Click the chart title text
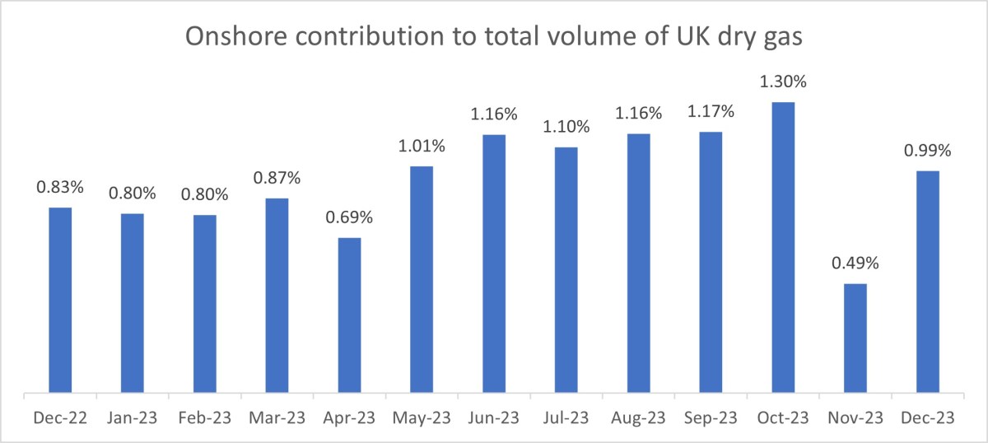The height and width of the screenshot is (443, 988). click(x=493, y=37)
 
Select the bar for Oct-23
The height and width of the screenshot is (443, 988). click(x=783, y=247)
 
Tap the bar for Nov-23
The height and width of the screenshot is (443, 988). click(x=855, y=338)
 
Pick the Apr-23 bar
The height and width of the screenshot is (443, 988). click(x=349, y=315)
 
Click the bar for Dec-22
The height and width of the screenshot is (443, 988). click(x=60, y=300)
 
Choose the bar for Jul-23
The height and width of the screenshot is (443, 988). click(x=566, y=269)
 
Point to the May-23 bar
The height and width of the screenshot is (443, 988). click(x=422, y=279)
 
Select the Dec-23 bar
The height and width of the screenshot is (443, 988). click(x=928, y=281)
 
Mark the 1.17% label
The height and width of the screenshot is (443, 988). click(x=711, y=111)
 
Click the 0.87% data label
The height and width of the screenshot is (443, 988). click(x=277, y=178)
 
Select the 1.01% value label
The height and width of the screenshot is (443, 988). click(x=422, y=147)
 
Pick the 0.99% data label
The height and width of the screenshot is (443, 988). click(x=928, y=151)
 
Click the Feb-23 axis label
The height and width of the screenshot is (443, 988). click(x=205, y=418)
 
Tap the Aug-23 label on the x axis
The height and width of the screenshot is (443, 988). click(x=638, y=418)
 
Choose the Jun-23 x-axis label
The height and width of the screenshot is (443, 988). click(x=494, y=418)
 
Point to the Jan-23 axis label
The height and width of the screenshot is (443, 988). click(x=133, y=418)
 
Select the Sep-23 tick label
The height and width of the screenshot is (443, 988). click(x=711, y=418)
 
